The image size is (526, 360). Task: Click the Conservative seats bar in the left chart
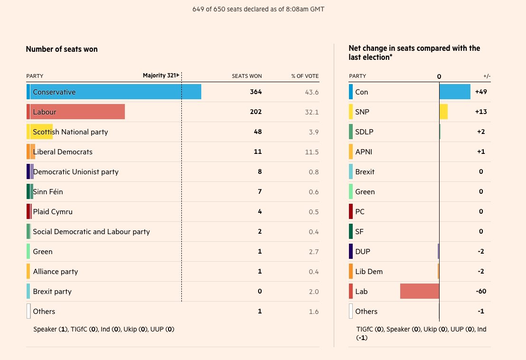pos(114,92)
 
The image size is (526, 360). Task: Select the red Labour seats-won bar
pos(76,112)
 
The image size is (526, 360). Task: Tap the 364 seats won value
pos(256,92)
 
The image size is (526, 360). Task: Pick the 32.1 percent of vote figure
pos(311,112)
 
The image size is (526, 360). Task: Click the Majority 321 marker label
pos(160,76)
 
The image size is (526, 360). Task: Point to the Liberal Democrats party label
pos(63,152)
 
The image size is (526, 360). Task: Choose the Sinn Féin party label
pos(48,192)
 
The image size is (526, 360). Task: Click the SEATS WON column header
pos(246,76)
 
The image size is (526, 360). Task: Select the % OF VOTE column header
pos(305,76)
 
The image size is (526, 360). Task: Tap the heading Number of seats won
pos(62,49)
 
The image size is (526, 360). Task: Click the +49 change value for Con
pos(481,92)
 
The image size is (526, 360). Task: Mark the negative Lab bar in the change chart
pos(420,291)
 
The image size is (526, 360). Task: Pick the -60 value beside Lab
pos(481,292)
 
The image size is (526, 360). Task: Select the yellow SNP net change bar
pos(443,112)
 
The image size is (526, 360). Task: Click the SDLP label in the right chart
pos(364,132)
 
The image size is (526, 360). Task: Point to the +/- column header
pos(487,76)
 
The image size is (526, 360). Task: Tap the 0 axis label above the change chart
pos(439,76)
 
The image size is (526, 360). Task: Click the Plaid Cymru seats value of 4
pos(260,212)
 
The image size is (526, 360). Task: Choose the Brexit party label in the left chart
pos(52,292)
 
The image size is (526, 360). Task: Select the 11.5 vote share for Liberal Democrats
pos(311,152)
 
